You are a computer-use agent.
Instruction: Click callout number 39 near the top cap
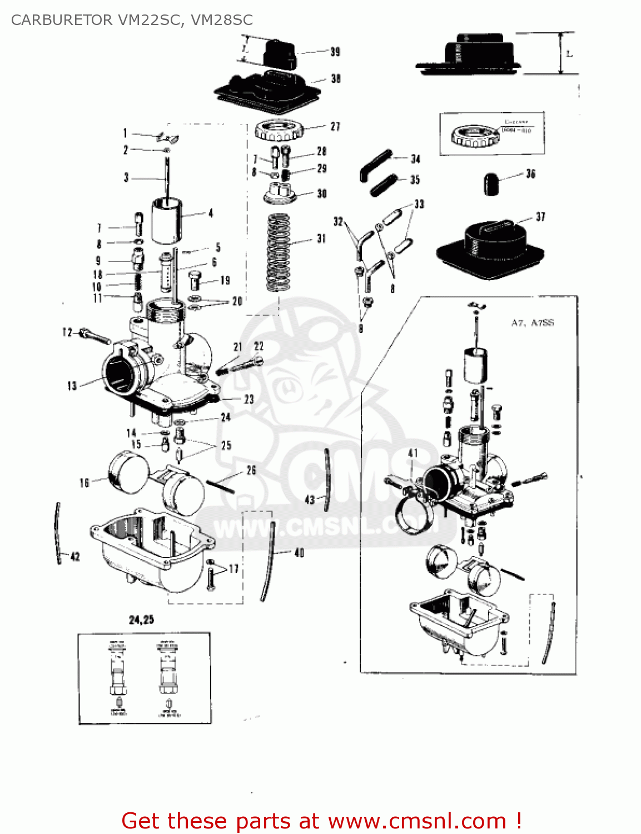click(x=335, y=52)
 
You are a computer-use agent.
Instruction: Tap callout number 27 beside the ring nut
click(x=335, y=127)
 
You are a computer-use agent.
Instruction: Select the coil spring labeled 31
click(x=279, y=252)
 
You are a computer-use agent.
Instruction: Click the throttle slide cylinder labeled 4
click(x=166, y=221)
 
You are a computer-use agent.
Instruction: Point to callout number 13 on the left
click(x=72, y=386)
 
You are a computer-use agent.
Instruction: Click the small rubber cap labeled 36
click(x=489, y=183)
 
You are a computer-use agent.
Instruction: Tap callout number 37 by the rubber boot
click(x=540, y=217)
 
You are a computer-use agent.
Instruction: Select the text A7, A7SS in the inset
click(x=532, y=323)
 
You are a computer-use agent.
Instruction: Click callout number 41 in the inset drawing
click(x=413, y=453)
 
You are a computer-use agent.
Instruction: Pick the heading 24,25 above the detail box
click(x=141, y=619)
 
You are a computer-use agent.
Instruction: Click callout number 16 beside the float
click(x=85, y=483)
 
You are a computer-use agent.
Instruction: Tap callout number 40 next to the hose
click(x=299, y=553)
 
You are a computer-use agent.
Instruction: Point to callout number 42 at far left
click(x=75, y=557)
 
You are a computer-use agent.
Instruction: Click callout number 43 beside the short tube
click(x=310, y=500)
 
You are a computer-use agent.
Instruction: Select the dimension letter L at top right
click(x=569, y=54)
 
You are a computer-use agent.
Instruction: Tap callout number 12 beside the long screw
click(x=67, y=332)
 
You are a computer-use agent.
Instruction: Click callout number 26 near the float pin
click(x=251, y=470)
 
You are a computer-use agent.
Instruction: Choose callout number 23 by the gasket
click(x=249, y=399)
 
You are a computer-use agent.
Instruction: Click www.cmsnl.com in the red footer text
click(x=417, y=821)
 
